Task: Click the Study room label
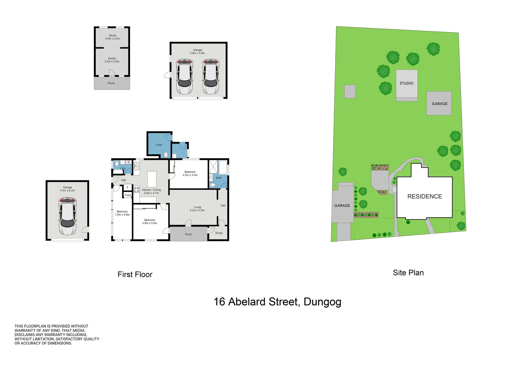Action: coord(219,233)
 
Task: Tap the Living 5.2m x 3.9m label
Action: coord(197,208)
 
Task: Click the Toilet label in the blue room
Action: coord(159,145)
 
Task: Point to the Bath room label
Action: coord(218,178)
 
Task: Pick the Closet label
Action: coord(128,195)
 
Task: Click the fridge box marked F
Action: coord(127,187)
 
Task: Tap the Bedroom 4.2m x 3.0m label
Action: coord(190,173)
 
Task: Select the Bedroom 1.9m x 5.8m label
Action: coord(122,213)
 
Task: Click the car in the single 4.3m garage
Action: coord(67,216)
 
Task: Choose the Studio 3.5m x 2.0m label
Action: coord(113,37)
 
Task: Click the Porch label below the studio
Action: coord(111,83)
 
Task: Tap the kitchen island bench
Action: coord(152,179)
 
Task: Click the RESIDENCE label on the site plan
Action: coord(425,196)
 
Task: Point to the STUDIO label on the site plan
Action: coord(406,83)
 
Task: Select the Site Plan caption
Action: coord(408,273)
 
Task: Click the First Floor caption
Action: coord(135,274)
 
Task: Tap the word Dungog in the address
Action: coord(323,302)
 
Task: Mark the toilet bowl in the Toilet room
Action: coord(166,155)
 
